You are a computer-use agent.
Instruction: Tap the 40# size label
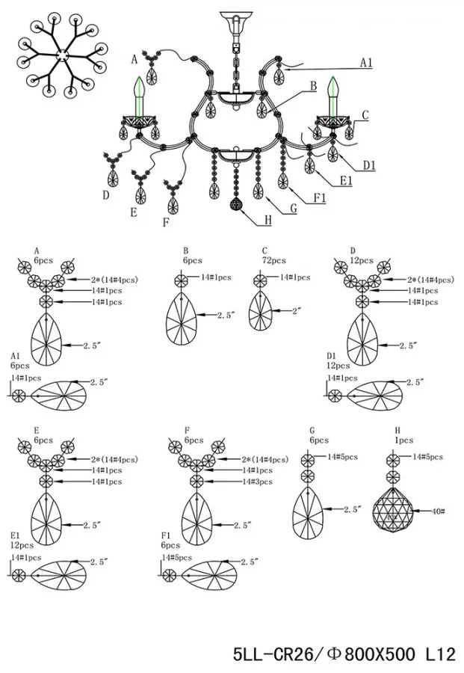coord(437,511)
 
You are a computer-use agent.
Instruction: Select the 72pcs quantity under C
coord(274,260)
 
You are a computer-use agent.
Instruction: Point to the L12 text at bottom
coord(440,654)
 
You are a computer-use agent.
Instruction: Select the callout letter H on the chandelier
coord(268,221)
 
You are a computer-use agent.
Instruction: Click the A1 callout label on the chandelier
coord(366,63)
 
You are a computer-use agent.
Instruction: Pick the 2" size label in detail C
coord(294,312)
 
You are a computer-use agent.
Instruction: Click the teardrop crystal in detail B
coord(182,320)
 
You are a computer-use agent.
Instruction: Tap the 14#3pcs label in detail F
coord(257,482)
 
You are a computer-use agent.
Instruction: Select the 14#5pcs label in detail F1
coord(176,558)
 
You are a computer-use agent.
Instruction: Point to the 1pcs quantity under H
coord(404,440)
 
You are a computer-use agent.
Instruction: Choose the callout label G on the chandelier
coord(294,209)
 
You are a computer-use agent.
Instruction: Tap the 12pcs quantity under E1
coord(22,545)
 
